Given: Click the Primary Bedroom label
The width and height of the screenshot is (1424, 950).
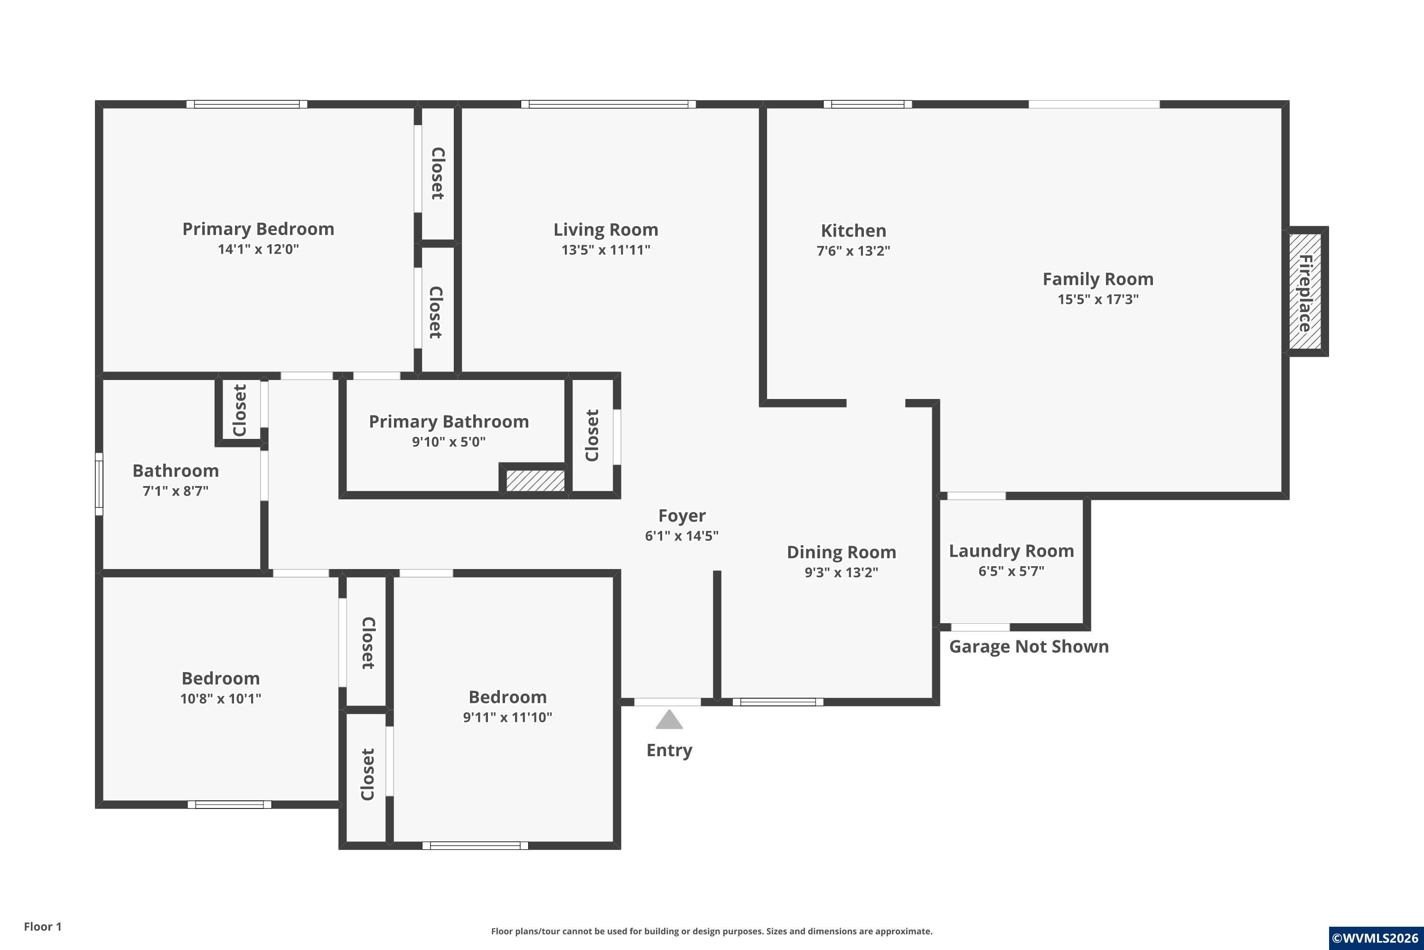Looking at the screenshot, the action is click(259, 229).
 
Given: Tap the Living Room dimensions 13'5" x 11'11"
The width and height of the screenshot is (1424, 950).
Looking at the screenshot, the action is click(606, 250).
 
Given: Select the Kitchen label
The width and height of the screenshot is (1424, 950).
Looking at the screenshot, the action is click(853, 231).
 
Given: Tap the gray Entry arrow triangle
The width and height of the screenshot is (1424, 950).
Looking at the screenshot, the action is click(669, 719).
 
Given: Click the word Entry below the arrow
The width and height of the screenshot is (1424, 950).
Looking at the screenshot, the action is click(669, 750).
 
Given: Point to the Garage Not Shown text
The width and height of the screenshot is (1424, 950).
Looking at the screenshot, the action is click(1029, 646).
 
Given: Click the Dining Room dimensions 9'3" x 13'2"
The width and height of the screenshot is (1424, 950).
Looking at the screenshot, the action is click(841, 572).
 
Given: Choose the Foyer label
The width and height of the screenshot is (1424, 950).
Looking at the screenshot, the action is click(682, 515).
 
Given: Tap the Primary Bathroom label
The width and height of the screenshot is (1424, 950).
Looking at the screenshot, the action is click(449, 422).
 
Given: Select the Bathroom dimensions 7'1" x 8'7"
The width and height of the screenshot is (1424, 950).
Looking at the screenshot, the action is click(176, 491).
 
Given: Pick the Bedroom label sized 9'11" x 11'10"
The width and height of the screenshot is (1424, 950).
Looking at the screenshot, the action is click(507, 697).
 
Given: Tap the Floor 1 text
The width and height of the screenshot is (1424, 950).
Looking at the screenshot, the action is click(42, 926).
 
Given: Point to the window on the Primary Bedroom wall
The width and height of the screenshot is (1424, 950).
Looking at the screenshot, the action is click(246, 104).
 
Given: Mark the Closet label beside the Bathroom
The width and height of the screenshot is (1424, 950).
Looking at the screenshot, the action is click(240, 410).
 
